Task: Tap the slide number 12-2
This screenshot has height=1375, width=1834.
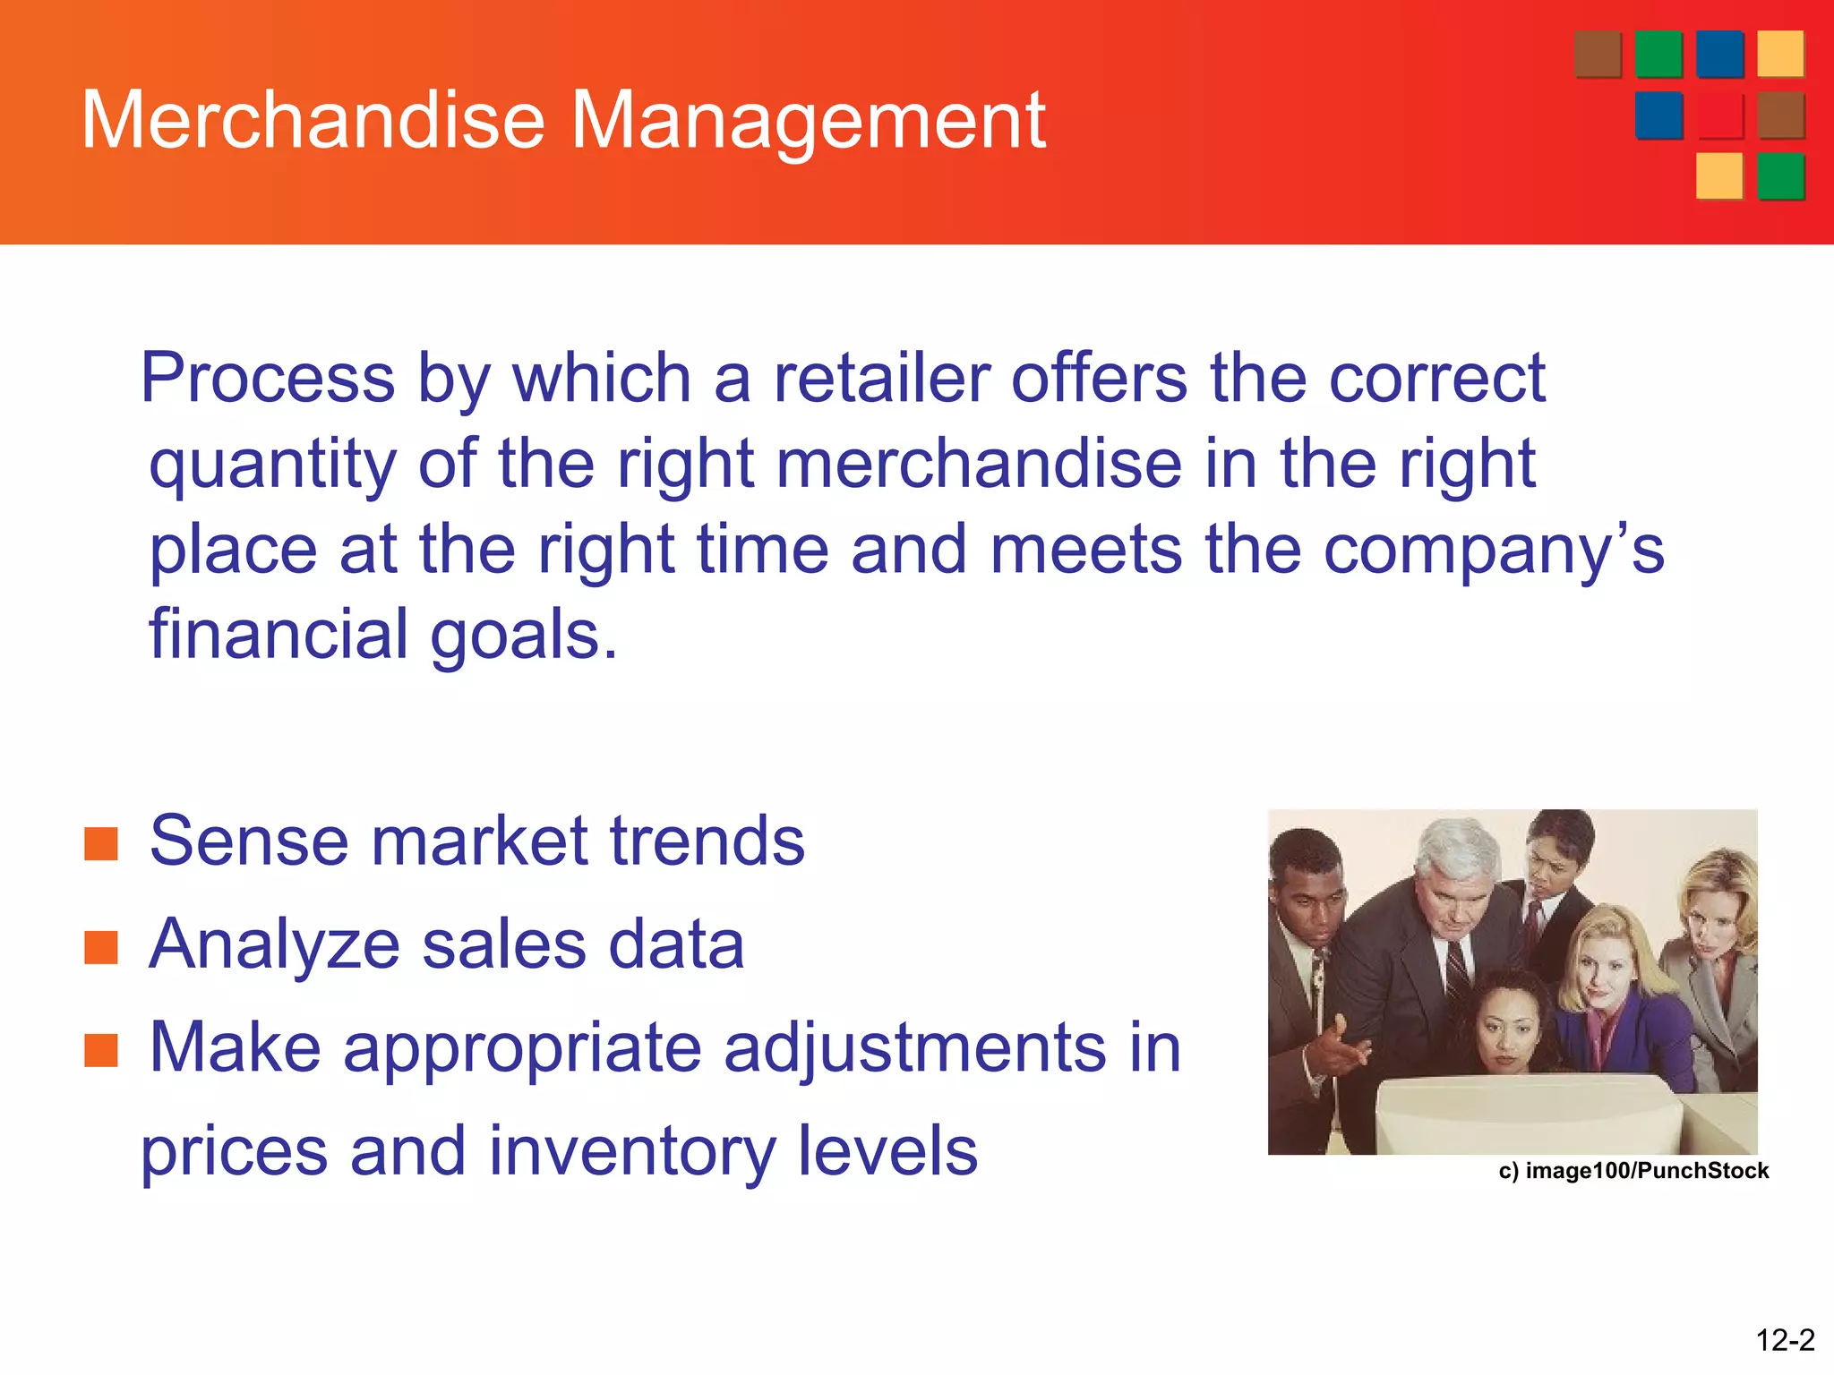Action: click(x=1784, y=1340)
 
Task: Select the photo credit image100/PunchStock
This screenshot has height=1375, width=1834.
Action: click(x=1633, y=1171)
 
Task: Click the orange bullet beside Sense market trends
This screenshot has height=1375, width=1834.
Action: click(x=101, y=843)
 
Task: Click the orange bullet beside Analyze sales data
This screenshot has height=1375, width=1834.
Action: click(x=101, y=947)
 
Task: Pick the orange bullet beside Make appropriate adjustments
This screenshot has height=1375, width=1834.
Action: click(x=101, y=1051)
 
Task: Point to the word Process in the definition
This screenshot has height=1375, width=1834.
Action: click(x=268, y=378)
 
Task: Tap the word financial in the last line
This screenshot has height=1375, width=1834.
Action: click(x=279, y=634)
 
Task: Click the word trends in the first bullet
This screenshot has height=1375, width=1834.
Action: click(x=707, y=841)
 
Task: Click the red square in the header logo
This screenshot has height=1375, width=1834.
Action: click(x=1720, y=115)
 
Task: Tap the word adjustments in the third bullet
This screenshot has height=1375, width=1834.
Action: click(x=914, y=1047)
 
